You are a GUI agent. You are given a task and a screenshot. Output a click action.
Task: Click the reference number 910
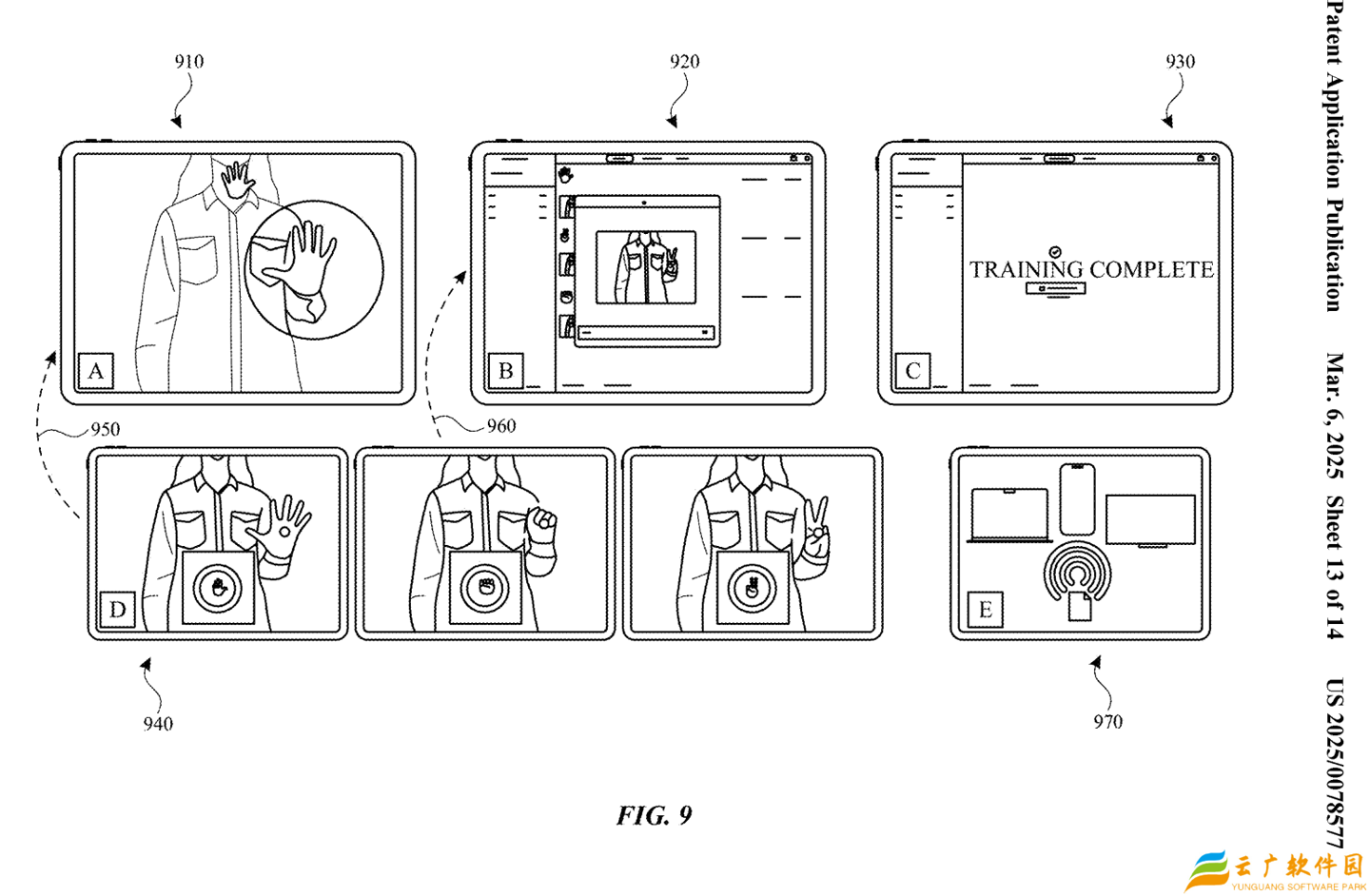[x=188, y=62]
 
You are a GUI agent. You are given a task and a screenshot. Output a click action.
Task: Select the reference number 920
[x=684, y=62]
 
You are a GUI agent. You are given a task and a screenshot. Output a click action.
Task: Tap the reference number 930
[x=1180, y=62]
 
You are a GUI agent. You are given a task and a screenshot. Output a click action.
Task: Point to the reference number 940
[x=158, y=724]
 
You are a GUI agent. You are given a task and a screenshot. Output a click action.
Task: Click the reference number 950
[x=105, y=429]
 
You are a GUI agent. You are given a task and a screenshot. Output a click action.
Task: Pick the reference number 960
[x=501, y=426]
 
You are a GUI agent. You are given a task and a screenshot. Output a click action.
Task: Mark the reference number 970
[x=1107, y=722]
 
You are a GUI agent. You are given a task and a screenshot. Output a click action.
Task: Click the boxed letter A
[x=95, y=370]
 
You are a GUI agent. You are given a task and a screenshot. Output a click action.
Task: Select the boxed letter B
[x=505, y=370]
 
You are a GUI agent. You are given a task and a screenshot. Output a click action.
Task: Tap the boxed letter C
[x=912, y=370]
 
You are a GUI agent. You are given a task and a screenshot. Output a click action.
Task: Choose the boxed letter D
[x=117, y=609]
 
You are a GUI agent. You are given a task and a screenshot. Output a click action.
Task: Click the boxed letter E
[x=985, y=609]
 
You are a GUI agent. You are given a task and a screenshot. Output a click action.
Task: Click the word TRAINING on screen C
[x=1027, y=270]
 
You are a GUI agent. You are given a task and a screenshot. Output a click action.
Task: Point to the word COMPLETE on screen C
[x=1151, y=270]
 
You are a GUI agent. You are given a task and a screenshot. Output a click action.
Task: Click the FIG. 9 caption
[x=655, y=816]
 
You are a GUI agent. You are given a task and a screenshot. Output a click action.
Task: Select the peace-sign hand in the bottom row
[x=816, y=533]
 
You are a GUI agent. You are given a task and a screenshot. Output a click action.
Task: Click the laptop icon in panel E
[x=1009, y=516]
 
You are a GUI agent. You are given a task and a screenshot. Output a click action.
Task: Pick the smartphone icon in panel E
[x=1077, y=499]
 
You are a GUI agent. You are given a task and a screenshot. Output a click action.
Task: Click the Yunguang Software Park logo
[x=1275, y=870]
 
